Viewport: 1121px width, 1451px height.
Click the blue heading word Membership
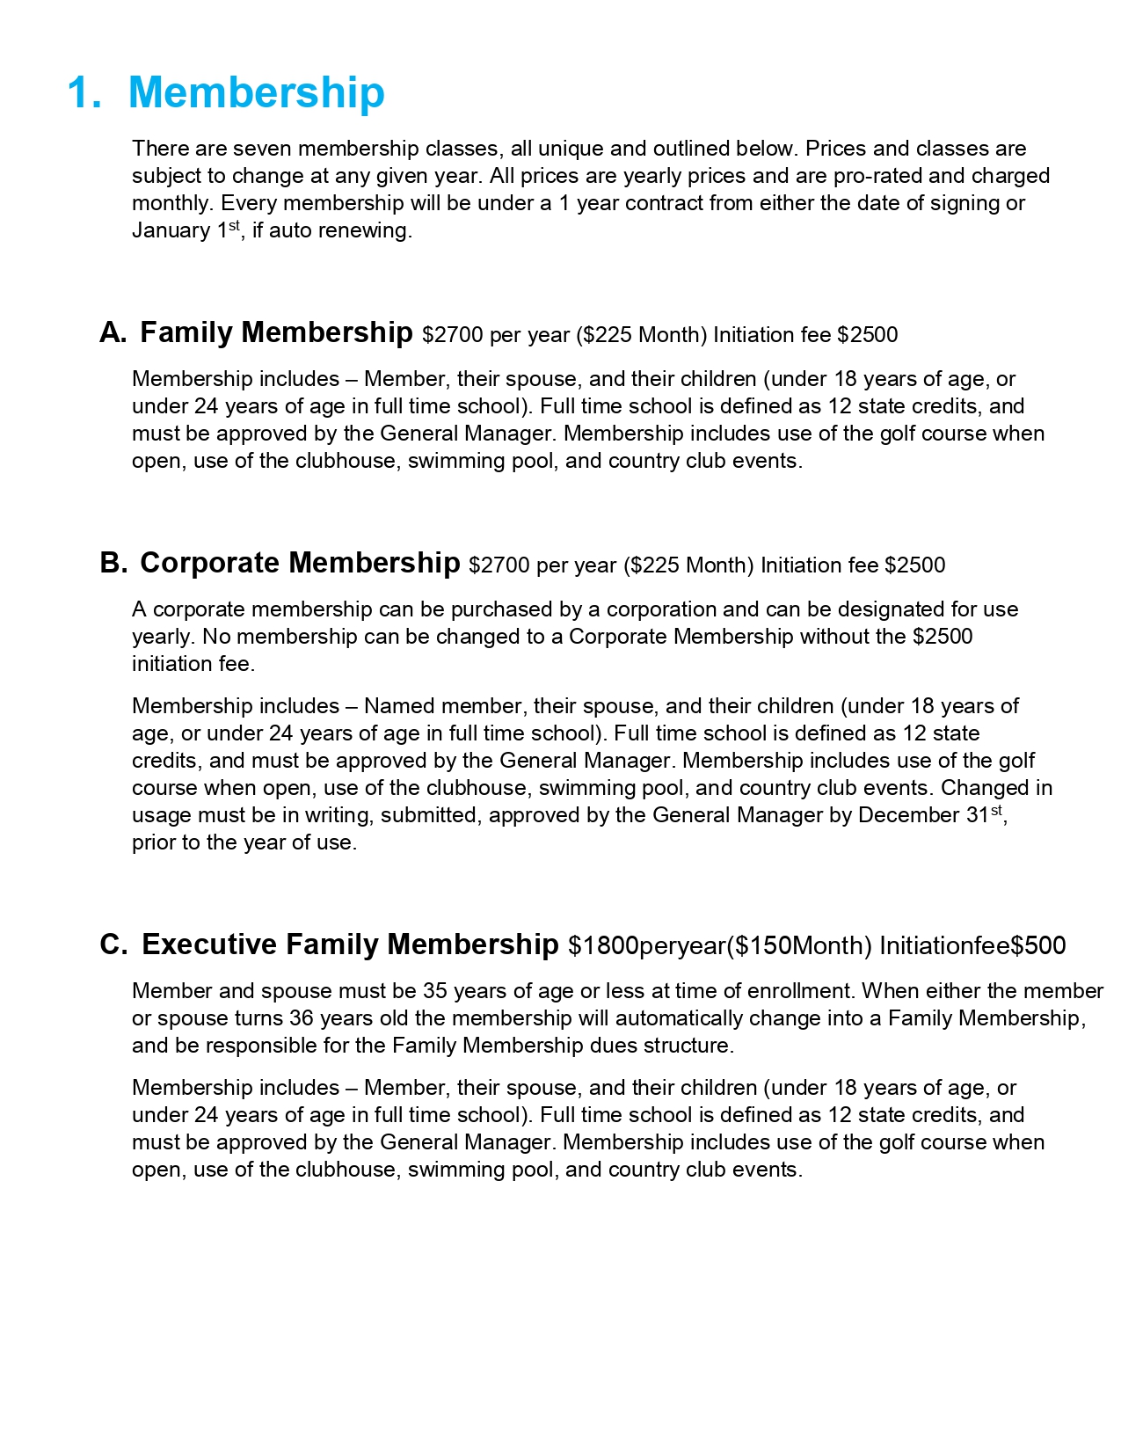[x=256, y=92]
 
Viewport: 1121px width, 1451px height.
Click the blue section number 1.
[x=84, y=92]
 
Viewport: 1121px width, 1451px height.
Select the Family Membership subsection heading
[x=276, y=332]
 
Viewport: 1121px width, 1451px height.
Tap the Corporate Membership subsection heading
[x=300, y=563]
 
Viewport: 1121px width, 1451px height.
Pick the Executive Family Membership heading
[x=350, y=944]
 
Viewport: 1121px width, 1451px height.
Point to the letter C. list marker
[x=113, y=944]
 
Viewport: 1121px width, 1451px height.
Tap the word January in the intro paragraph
[x=171, y=231]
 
